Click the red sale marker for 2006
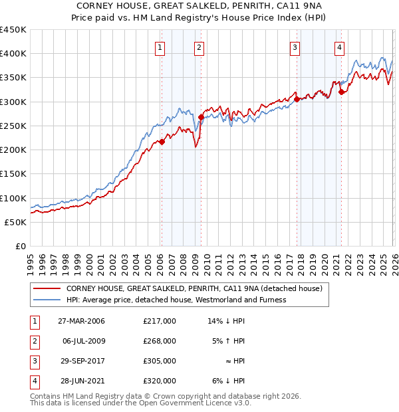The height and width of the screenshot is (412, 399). coord(162,142)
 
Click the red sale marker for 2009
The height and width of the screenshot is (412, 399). coord(200,117)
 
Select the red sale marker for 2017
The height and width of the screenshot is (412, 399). coord(297,99)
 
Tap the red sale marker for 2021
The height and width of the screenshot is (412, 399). coord(341,92)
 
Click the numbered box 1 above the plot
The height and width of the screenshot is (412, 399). coord(161,47)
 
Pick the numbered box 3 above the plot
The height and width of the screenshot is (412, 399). coord(295,47)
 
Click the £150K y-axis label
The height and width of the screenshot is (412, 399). coord(13,174)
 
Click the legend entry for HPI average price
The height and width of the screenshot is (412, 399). coord(176,300)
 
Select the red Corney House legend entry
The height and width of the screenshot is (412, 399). coord(194,288)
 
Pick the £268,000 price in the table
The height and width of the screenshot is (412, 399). coord(160,341)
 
